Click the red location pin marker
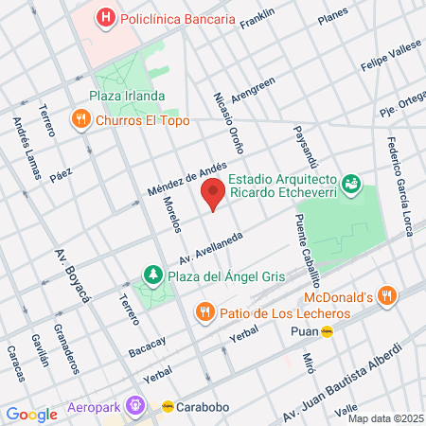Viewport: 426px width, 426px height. pos(214,193)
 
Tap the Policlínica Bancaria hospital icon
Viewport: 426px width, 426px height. pos(107,16)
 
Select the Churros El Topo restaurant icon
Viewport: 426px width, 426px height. pos(81,120)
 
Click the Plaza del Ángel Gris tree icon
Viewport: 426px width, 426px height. pos(151,275)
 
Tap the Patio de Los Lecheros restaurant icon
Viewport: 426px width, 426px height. pos(204,311)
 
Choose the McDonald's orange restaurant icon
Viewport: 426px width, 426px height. pos(384,296)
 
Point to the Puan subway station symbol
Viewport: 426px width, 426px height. pos(328,331)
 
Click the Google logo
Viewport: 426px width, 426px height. pos(31,414)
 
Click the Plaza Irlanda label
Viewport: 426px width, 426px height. pos(128,97)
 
